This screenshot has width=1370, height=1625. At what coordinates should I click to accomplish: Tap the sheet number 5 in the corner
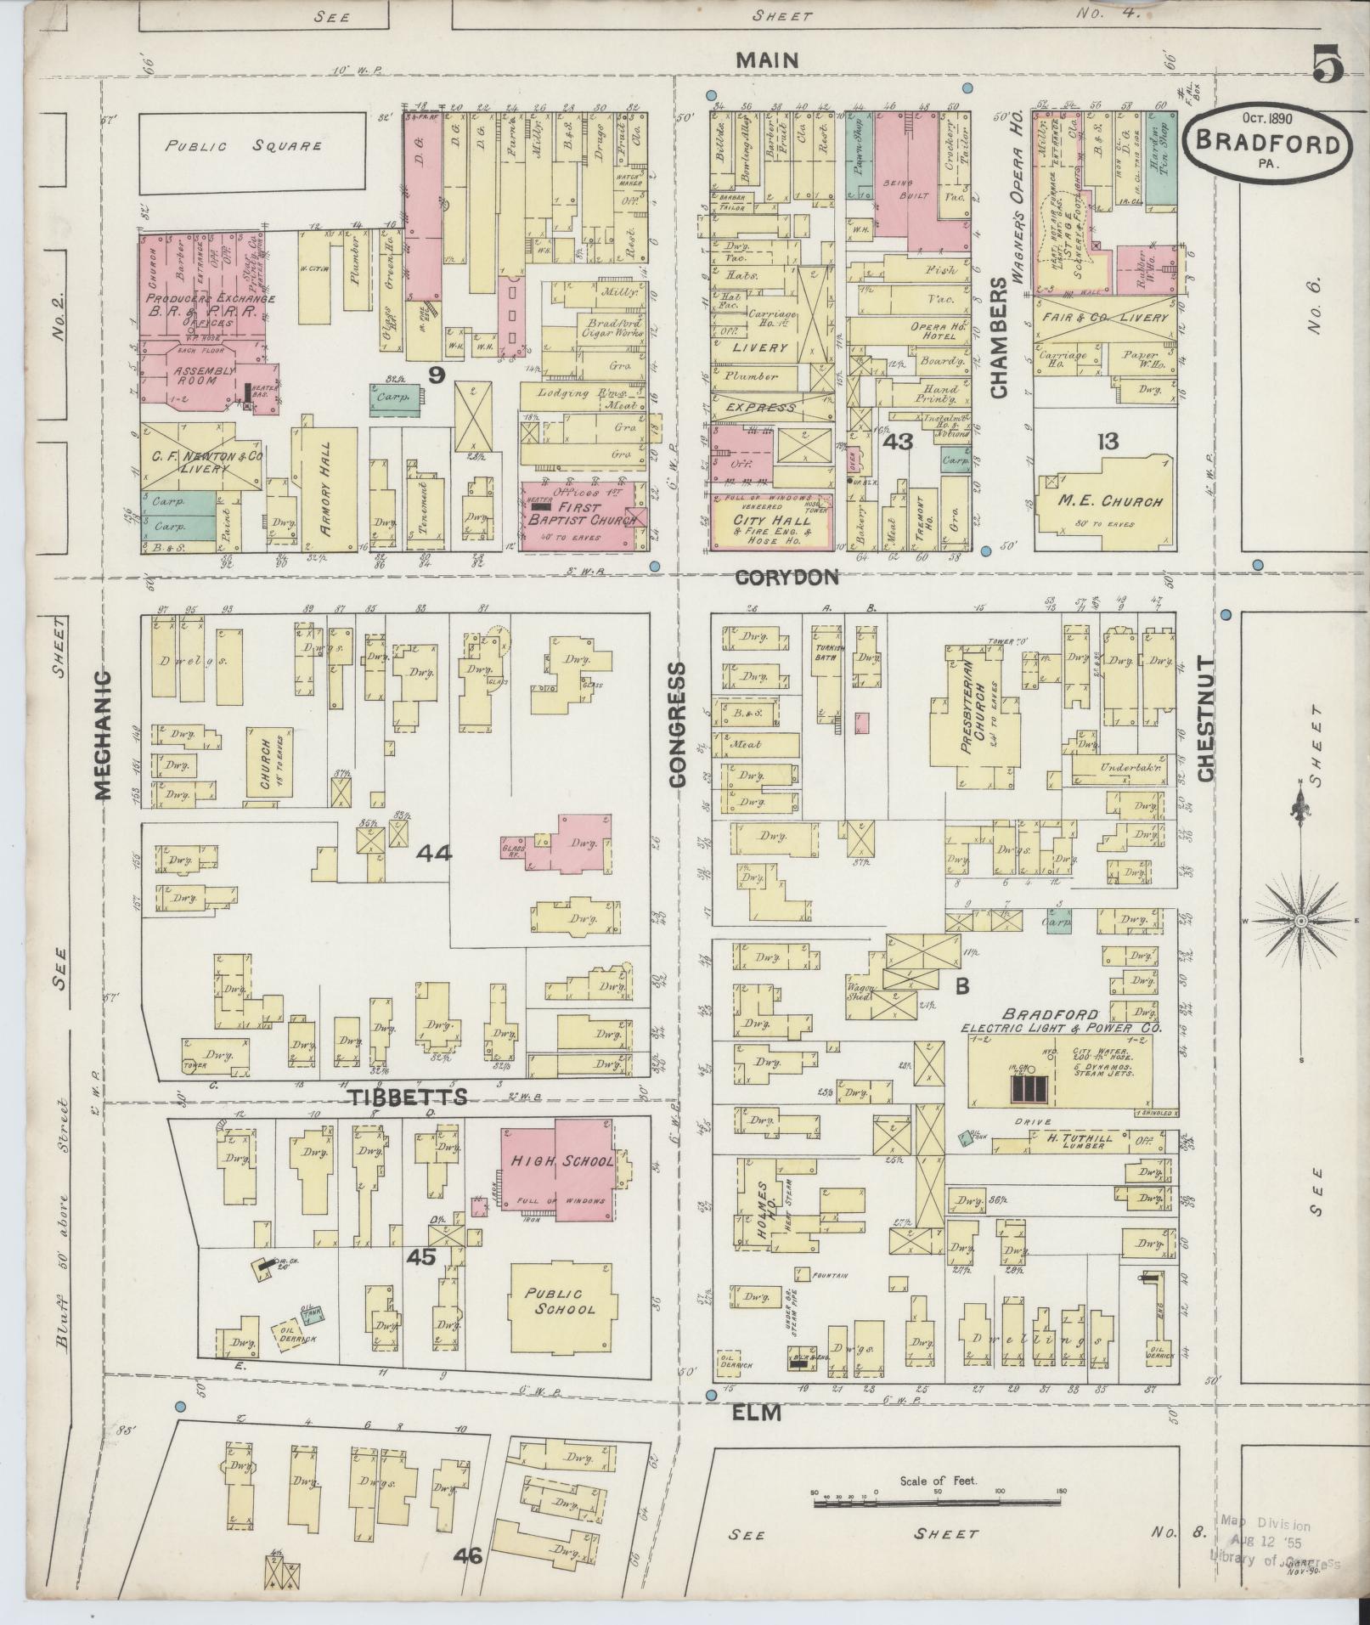point(1327,65)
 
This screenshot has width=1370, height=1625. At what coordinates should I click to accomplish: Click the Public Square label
point(244,145)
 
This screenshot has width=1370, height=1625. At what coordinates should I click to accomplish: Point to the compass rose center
point(1300,922)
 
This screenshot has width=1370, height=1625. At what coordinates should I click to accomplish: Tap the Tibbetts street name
point(407,1097)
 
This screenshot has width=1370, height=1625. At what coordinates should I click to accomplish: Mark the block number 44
point(433,854)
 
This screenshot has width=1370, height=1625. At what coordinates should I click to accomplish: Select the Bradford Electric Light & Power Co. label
point(1061,1021)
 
